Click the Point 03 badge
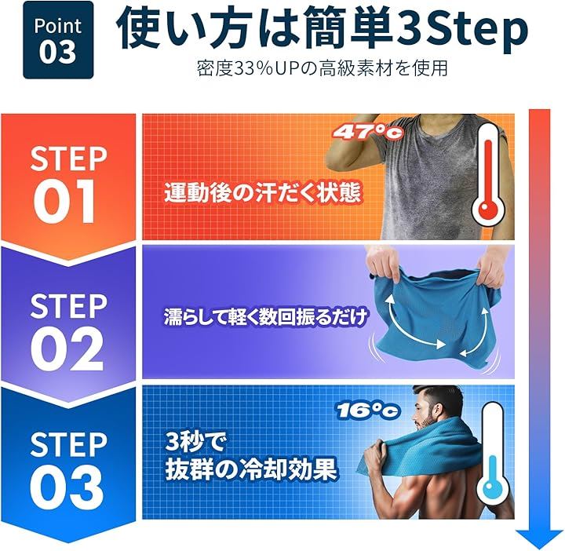tap(58, 40)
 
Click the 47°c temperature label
tap(367, 132)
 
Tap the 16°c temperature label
tap(368, 411)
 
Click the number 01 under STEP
tap(65, 201)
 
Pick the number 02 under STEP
tap(67, 348)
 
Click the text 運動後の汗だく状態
tap(263, 193)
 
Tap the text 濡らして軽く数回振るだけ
tap(265, 317)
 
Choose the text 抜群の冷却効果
tap(251, 469)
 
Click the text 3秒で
tap(195, 442)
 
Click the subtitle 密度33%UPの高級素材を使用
tap(323, 68)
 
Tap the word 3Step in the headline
tap(461, 29)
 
